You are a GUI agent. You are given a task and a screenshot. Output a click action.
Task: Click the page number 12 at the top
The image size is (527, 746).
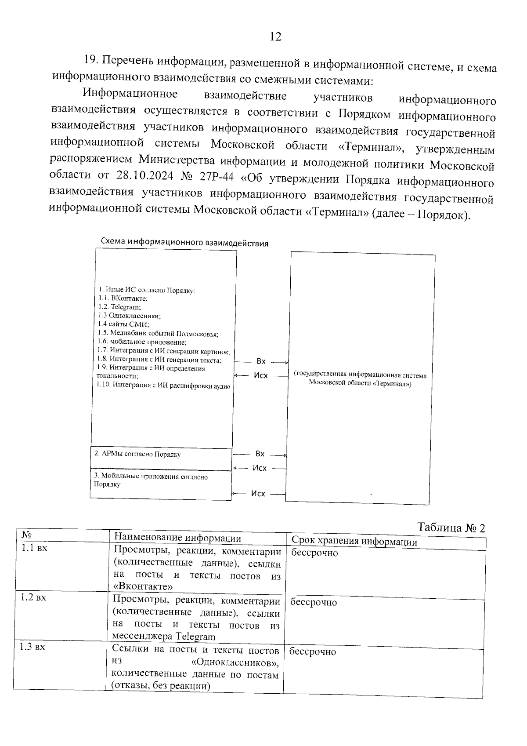(275, 36)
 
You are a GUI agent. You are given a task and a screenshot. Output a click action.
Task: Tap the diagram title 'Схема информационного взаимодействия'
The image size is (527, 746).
(184, 243)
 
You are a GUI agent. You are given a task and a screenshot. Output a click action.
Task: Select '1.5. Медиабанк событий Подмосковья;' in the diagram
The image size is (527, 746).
(158, 333)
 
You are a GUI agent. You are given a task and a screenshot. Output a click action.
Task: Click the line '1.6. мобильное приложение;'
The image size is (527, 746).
(142, 342)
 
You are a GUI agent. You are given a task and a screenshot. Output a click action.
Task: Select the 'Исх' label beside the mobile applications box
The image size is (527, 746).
(258, 494)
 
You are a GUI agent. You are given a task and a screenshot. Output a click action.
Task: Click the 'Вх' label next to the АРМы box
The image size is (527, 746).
(260, 454)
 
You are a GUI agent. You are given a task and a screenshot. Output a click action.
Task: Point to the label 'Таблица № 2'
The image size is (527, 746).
(451, 528)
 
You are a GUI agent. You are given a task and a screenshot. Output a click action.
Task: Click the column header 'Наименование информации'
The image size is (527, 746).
(177, 538)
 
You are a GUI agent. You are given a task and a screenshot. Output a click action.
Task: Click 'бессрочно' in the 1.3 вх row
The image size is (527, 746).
(313, 651)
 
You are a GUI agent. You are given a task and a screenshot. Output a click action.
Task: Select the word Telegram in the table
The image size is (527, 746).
(195, 636)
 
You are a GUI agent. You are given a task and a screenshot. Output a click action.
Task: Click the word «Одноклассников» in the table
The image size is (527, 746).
(235, 662)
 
